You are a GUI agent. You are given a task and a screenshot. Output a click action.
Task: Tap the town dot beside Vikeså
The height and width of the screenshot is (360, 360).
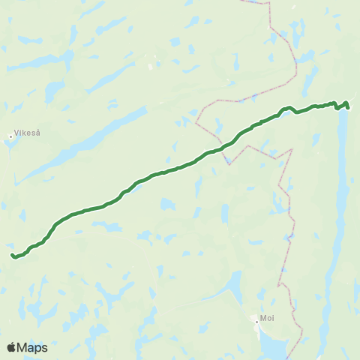coord(10,136)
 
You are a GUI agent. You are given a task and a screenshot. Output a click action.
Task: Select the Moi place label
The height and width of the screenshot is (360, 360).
coord(266,317)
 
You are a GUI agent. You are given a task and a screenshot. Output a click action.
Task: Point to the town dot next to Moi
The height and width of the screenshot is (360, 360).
coord(256,322)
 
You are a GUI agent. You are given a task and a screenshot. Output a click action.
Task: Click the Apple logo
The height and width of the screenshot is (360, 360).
coord(12,347)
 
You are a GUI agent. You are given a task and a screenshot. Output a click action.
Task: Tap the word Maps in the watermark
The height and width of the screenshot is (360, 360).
coord(33,347)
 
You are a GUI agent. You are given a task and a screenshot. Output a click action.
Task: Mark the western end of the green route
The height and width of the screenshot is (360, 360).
coord(13,256)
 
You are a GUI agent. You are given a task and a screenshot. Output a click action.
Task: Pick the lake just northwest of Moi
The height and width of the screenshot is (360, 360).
coord(235,285)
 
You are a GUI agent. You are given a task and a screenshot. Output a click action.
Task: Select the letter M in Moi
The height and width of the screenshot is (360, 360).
coord(262,317)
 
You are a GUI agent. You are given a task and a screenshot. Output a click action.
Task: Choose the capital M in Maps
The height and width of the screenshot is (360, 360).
coord(24,347)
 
